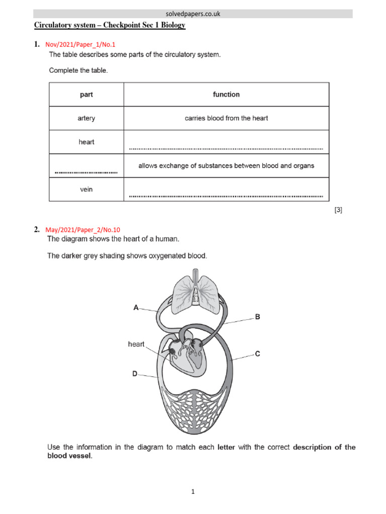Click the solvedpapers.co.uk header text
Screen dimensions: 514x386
coord(193,14)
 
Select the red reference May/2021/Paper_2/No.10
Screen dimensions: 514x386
coord(83,230)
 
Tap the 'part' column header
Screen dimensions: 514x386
coord(86,94)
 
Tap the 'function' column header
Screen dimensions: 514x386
coord(226,94)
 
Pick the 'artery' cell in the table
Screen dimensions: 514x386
coord(86,118)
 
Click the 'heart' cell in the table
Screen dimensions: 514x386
coord(86,142)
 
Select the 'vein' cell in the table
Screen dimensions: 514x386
coord(86,190)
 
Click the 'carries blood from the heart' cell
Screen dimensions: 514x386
coord(226,118)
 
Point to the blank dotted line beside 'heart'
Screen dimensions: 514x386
coord(226,149)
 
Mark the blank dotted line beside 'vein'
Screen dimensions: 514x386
coord(226,196)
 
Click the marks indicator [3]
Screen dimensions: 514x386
coord(338,210)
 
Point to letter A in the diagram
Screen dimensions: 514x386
coord(136,308)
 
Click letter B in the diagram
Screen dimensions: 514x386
coord(257,317)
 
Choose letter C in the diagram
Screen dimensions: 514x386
coord(257,354)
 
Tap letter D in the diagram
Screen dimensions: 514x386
coord(135,374)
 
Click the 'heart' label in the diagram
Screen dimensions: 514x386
coord(136,344)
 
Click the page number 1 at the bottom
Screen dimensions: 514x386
coord(192,492)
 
